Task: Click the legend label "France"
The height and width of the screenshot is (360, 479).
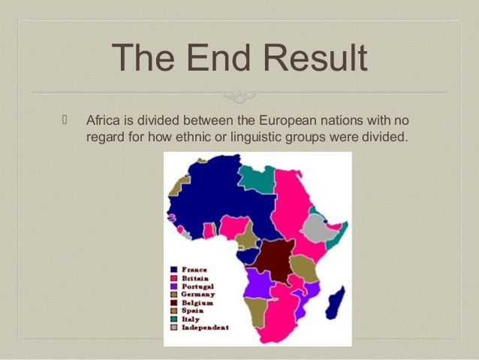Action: (x=194, y=269)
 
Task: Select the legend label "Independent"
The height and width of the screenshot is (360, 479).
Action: (x=205, y=328)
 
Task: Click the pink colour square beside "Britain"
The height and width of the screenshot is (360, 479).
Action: (x=174, y=278)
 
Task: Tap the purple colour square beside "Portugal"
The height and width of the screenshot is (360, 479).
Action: (x=174, y=286)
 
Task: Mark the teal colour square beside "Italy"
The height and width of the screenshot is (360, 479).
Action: (x=174, y=320)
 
